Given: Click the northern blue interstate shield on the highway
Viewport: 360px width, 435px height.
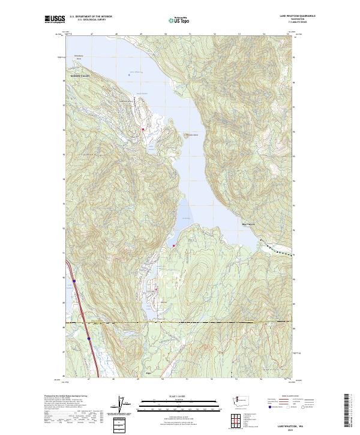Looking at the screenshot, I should pyautogui.click(x=73, y=280).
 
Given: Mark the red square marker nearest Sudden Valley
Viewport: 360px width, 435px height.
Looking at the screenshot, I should pyautogui.click(x=143, y=129).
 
